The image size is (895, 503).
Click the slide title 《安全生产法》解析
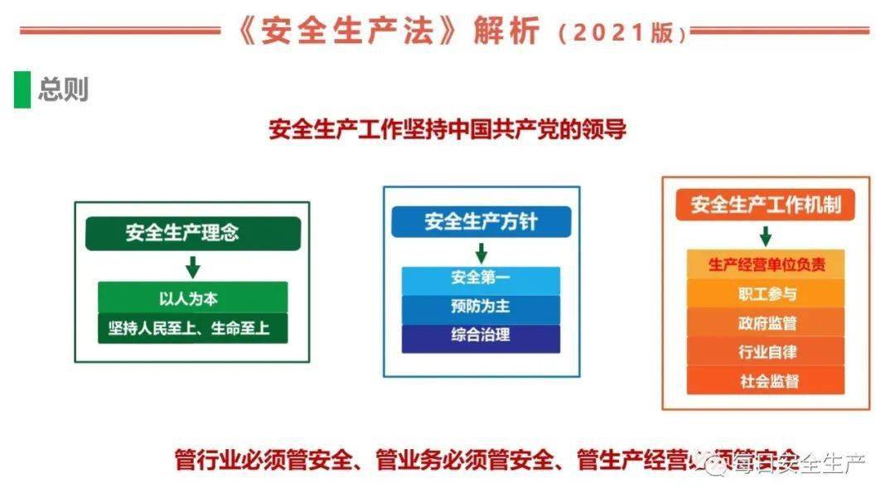click(389, 31)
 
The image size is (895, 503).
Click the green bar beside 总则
click(22, 89)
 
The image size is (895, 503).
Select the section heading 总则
click(63, 89)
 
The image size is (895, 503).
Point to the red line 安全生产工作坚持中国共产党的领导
click(447, 130)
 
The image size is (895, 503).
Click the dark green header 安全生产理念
click(192, 233)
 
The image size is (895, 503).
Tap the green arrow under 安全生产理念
click(192, 267)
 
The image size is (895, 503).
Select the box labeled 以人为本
click(192, 297)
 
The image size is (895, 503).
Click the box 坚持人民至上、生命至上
click(192, 328)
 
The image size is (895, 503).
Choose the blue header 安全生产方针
click(481, 222)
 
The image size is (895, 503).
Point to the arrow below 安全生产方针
click(481, 253)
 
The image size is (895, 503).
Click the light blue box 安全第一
click(481, 278)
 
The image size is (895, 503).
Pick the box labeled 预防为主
click(481, 307)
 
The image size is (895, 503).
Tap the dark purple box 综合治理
click(481, 337)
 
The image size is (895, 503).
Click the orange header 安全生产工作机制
click(766, 204)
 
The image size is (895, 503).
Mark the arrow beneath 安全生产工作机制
click(766, 235)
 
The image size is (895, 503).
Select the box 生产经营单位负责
click(766, 264)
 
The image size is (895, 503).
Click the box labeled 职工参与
click(766, 293)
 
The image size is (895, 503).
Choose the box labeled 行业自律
click(766, 351)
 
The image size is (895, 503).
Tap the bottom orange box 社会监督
click(766, 380)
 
